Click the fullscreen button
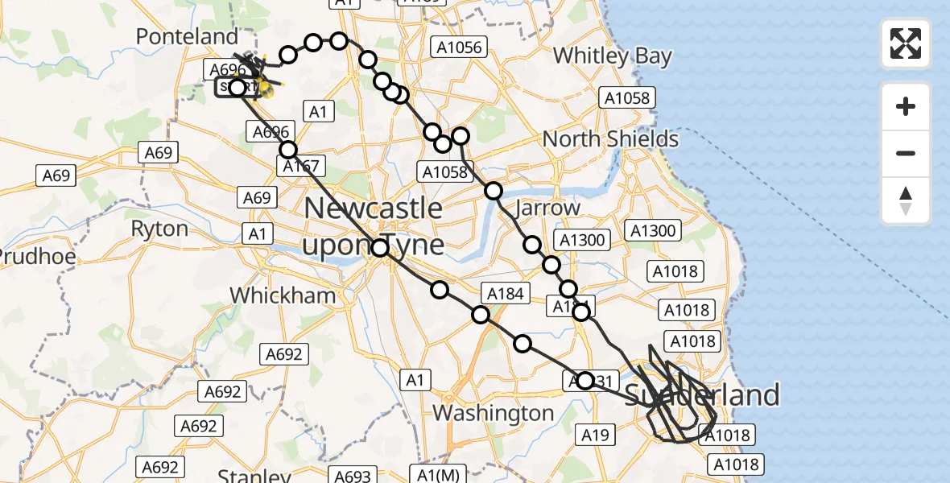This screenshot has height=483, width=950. pyautogui.click(x=906, y=43)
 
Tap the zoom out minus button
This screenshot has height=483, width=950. pyautogui.click(x=906, y=154)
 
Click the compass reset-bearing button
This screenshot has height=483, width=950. pyautogui.click(x=906, y=200)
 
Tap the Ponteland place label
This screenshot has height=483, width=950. pyautogui.click(x=188, y=36)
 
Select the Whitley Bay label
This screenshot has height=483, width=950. pyautogui.click(x=612, y=56)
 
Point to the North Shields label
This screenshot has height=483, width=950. pyautogui.click(x=610, y=138)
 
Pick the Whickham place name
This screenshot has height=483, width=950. pyautogui.click(x=283, y=295)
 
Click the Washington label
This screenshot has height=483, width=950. pyautogui.click(x=493, y=413)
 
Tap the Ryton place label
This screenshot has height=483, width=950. pyautogui.click(x=159, y=229)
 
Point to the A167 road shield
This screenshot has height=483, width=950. pyautogui.click(x=301, y=167)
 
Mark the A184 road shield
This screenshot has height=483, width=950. pyautogui.click(x=506, y=294)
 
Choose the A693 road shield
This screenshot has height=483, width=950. pyautogui.click(x=353, y=476)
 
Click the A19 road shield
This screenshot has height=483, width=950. pyautogui.click(x=595, y=436)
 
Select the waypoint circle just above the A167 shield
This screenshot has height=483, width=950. pyautogui.click(x=288, y=149)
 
